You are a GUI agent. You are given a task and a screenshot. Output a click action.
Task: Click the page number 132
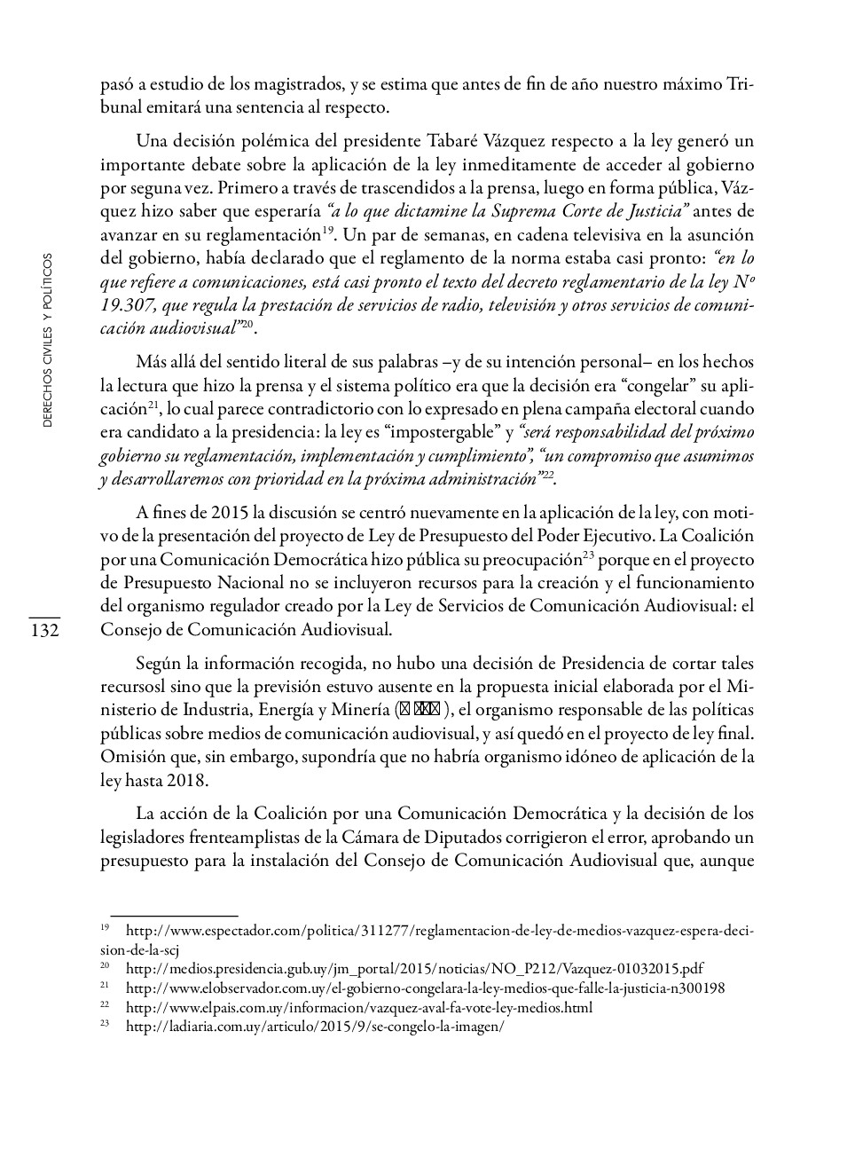(43, 631)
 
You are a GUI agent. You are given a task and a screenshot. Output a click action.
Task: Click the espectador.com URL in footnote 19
(439, 931)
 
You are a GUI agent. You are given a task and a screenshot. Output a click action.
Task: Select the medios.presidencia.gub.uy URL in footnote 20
(414, 969)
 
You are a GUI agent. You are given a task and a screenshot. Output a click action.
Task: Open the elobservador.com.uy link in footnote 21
(425, 988)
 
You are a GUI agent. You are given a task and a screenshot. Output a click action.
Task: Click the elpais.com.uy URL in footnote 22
(358, 1008)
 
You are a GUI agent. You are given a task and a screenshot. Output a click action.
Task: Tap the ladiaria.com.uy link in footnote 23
(315, 1027)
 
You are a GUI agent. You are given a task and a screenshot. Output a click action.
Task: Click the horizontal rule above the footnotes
(174, 915)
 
